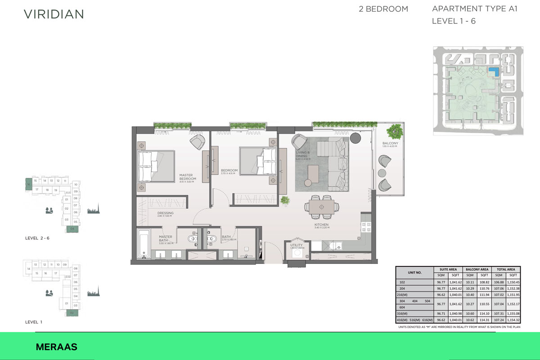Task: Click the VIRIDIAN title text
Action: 54,14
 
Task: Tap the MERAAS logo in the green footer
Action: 56,347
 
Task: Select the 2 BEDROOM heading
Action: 383,9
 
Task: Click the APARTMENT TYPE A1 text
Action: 474,9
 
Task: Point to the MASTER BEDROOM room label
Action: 187,177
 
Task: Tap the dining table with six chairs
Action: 321,207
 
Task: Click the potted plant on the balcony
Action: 396,131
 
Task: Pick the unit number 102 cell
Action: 402,283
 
